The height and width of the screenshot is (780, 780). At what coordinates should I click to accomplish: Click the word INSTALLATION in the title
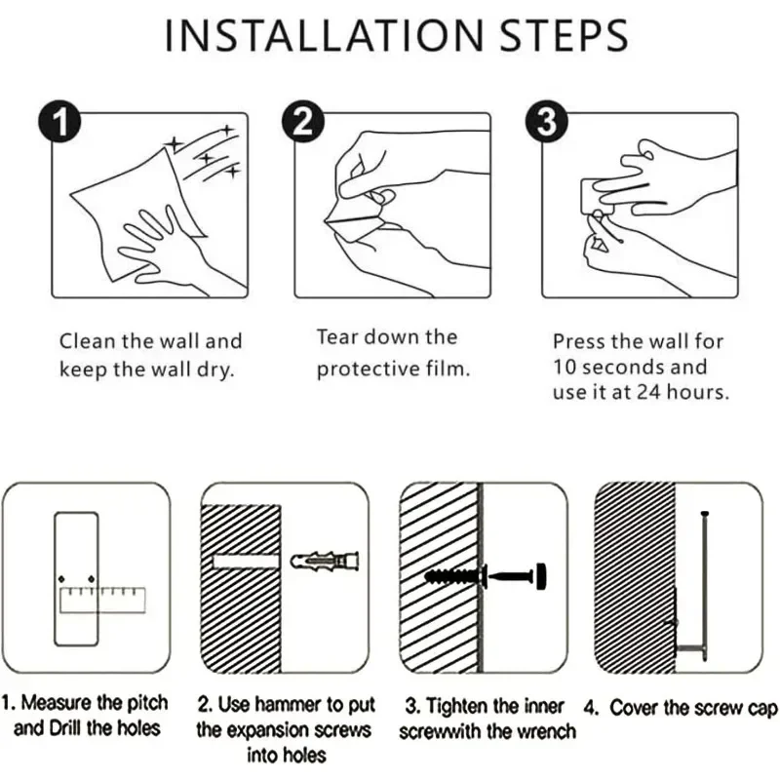[x=324, y=35]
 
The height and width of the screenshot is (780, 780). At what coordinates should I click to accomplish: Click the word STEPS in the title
[x=564, y=35]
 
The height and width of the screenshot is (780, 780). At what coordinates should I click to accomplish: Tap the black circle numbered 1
[x=59, y=122]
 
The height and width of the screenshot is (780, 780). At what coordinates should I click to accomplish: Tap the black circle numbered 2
[x=303, y=122]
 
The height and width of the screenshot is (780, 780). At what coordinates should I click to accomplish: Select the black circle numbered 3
[x=547, y=122]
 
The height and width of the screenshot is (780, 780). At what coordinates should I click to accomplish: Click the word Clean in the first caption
[x=88, y=341]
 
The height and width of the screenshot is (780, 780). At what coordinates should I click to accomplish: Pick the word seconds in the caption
[x=624, y=368]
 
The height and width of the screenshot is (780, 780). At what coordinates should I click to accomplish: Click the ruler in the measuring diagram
[x=102, y=600]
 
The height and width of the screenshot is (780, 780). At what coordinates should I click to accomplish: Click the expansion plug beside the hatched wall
[x=325, y=562]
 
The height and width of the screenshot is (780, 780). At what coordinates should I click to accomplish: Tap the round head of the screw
[x=541, y=576]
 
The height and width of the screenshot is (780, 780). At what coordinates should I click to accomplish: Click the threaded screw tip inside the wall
[x=453, y=577]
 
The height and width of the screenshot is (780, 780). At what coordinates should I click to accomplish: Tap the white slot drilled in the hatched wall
[x=246, y=562]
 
